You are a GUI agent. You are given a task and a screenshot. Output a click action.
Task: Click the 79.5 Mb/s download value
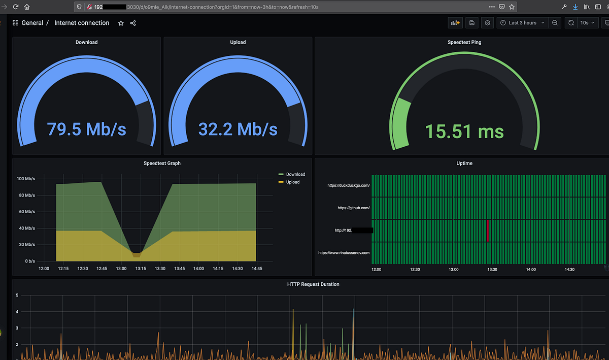coord(86,129)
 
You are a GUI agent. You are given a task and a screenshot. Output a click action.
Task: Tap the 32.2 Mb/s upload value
coord(238,129)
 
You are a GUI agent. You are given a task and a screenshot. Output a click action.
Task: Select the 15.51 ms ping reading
coord(464,132)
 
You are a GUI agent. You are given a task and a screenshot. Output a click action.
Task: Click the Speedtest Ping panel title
coord(464,42)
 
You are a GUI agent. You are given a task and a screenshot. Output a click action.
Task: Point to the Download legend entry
coord(295,174)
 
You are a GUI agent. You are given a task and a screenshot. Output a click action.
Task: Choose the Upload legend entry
coord(293,182)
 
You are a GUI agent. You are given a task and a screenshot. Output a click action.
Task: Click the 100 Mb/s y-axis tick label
coord(26,179)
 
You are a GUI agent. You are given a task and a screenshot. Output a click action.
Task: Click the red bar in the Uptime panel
coord(487,230)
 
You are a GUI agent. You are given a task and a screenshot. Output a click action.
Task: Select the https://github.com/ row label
coord(354,208)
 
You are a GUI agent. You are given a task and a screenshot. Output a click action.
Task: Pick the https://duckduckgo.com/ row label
coord(349,185)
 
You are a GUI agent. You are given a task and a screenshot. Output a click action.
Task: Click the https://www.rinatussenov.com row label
coord(344,252)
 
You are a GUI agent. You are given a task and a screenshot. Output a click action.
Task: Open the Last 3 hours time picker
coord(522,23)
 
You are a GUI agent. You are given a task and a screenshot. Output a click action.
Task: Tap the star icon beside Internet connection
coord(121,23)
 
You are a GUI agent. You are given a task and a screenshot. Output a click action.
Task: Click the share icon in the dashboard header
coord(133,23)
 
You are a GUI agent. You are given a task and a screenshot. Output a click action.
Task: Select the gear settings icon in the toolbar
coord(488,23)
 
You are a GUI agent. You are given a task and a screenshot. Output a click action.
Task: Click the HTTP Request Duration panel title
coord(313,284)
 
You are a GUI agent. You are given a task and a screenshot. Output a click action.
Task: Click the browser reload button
coord(16,7)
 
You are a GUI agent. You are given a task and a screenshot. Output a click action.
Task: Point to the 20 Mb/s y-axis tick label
coord(27,244)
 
